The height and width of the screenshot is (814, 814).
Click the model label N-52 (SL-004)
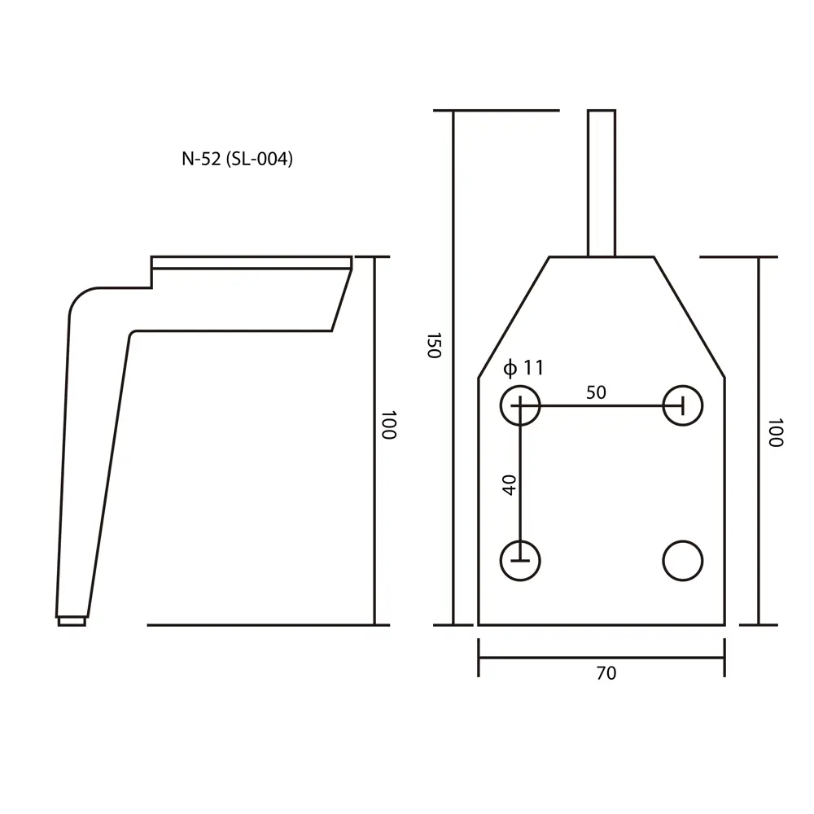tap(237, 159)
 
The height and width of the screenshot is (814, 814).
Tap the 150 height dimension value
tap(434, 345)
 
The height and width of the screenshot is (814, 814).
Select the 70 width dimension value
tap(606, 673)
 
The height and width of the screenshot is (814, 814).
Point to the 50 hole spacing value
tap(596, 392)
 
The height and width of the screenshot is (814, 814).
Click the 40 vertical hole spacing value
tap(510, 485)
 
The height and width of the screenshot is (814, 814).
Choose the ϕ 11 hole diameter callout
tap(523, 368)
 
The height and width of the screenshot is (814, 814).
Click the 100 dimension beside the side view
tap(389, 425)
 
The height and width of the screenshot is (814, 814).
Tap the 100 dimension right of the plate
tap(775, 432)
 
